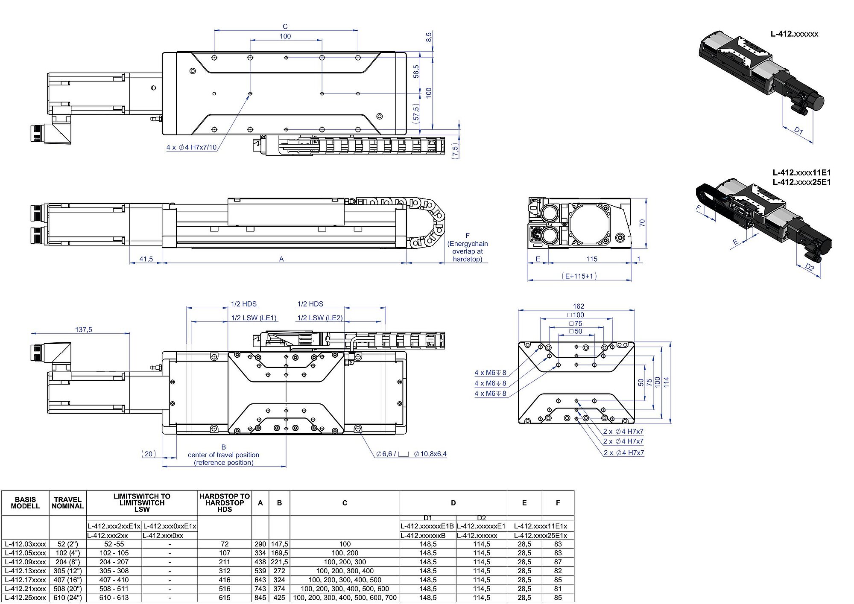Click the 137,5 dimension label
click(x=84, y=330)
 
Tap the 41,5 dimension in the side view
click(x=146, y=259)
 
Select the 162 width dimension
click(x=578, y=306)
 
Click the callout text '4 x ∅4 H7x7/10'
click(x=191, y=147)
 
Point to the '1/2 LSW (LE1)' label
click(x=254, y=318)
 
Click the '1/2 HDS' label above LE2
click(x=310, y=304)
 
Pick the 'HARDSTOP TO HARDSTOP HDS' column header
click(x=225, y=502)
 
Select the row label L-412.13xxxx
click(x=26, y=571)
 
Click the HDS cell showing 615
click(x=225, y=598)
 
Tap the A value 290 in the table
click(x=260, y=544)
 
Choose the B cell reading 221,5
click(x=279, y=562)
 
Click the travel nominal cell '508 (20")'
click(x=67, y=589)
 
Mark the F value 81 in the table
click(x=558, y=589)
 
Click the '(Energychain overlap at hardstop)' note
click(x=468, y=251)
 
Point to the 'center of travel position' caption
click(x=223, y=455)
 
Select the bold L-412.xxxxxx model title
click(x=794, y=34)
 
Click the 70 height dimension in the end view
click(x=642, y=223)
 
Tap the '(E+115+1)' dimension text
click(x=579, y=276)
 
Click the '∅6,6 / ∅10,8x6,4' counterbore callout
click(x=411, y=454)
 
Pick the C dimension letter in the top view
click(x=285, y=26)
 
